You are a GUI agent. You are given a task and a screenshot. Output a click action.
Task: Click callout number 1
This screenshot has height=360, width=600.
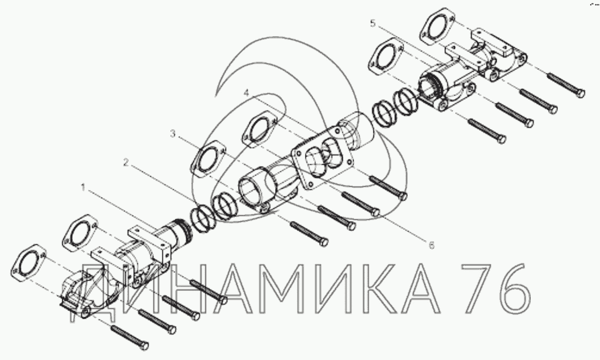coord(83,187)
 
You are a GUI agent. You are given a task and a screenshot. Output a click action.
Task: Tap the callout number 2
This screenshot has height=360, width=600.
coord(126,162)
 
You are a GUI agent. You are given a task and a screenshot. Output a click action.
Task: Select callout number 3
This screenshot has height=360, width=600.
coord(173,133)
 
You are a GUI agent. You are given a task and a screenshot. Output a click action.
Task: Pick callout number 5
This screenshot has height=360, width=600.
coord(373,23)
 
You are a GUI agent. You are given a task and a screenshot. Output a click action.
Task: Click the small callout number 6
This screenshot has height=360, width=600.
coord(431,245)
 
